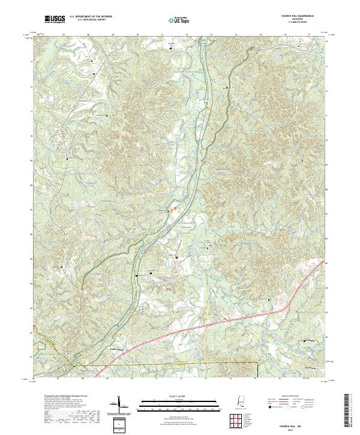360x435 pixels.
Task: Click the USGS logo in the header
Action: pyautogui.click(x=55, y=20)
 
